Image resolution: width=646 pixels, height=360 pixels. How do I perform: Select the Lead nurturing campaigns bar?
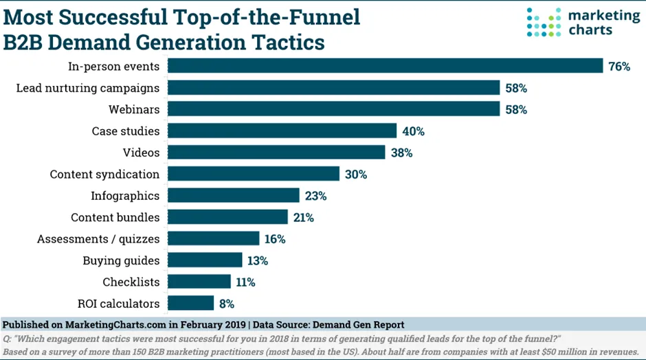[x=334, y=88]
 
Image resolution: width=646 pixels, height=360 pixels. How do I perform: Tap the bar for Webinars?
[x=334, y=109]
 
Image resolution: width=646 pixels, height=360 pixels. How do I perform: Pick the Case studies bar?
[x=282, y=131]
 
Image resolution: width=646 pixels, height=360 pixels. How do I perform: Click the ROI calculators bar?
[x=191, y=303]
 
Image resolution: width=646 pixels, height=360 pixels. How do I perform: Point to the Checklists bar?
[x=199, y=282]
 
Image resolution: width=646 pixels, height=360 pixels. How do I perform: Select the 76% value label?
[x=619, y=67]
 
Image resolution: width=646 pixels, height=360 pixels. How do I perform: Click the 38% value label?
[x=401, y=153]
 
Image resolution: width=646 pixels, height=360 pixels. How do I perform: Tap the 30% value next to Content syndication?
[x=356, y=175]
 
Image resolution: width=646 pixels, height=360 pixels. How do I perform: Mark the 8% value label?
[x=227, y=304]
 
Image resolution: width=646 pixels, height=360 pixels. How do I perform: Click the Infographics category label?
[x=125, y=196]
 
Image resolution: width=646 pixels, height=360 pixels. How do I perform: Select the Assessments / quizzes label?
[x=98, y=239]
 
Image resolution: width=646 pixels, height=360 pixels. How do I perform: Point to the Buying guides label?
[x=121, y=260]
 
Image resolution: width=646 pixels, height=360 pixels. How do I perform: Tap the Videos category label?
[x=140, y=153]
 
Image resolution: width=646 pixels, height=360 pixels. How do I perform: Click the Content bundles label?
[x=115, y=217]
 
